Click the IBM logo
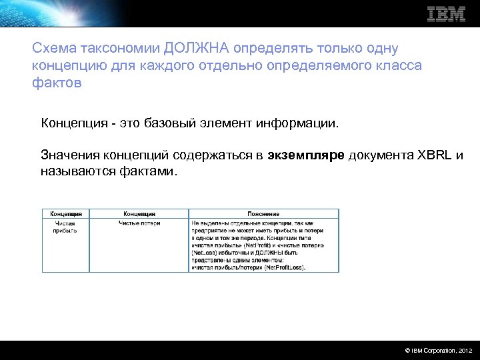[x=446, y=14]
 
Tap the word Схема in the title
[x=53, y=49]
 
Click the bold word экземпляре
[x=306, y=156]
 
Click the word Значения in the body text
[x=69, y=156]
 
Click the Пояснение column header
[x=263, y=214]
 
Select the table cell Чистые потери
[x=139, y=223]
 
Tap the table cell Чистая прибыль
[x=65, y=226]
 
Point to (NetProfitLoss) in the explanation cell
[x=285, y=267]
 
